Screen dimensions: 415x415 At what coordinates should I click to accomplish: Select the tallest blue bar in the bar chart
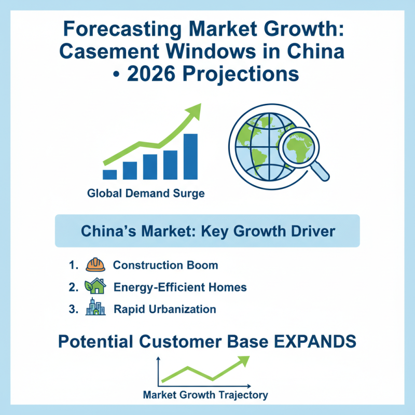tap(190, 156)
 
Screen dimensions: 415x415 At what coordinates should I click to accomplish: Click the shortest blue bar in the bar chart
tap(110, 174)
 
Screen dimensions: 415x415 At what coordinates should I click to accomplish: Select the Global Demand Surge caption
tap(146, 194)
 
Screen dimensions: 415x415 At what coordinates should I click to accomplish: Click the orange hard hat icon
tap(96, 265)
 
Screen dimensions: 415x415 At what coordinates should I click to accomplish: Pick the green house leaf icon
tap(95, 286)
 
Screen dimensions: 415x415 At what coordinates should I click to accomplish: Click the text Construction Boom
tap(165, 265)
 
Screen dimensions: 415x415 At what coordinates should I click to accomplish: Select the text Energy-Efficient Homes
tap(180, 287)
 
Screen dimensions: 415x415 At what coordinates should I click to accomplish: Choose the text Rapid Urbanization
tap(164, 309)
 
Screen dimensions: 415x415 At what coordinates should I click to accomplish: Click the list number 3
tap(72, 309)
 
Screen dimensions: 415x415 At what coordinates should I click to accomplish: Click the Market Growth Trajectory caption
tap(205, 395)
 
